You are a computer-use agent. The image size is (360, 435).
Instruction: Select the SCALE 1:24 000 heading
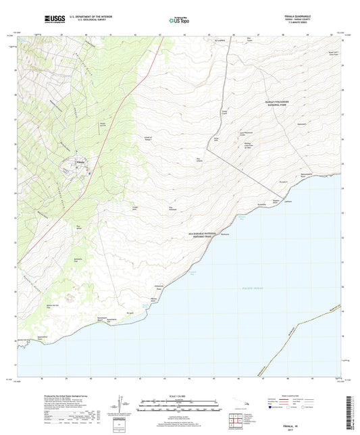[180, 395]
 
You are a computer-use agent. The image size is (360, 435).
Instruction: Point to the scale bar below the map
[180, 407]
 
